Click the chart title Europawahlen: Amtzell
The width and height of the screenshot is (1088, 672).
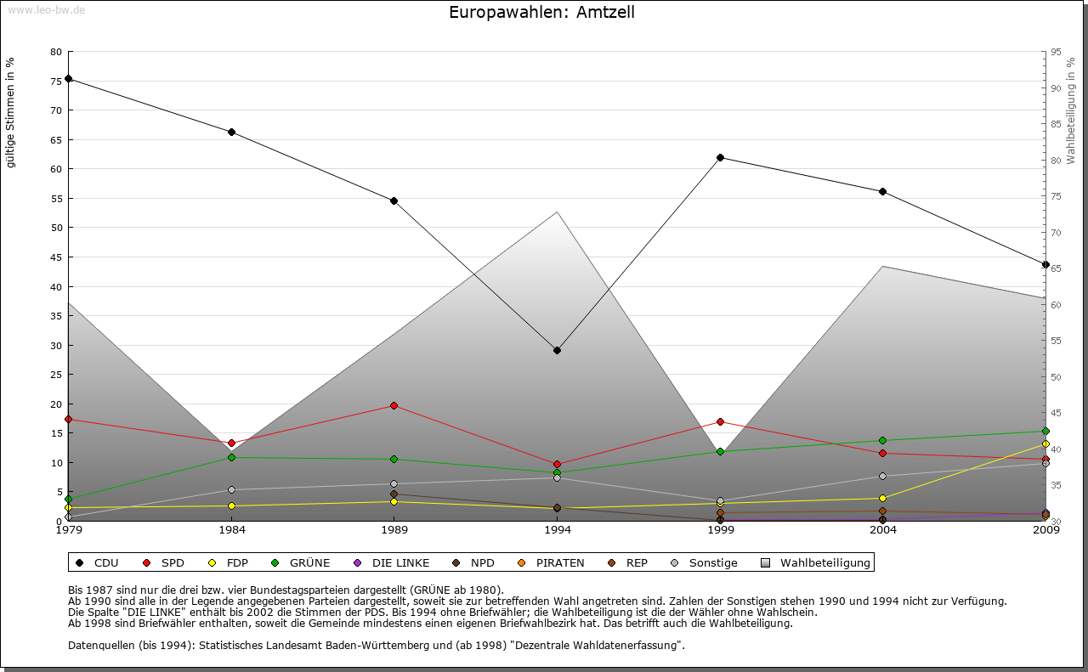click(x=541, y=12)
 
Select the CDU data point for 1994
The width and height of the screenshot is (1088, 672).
click(x=558, y=350)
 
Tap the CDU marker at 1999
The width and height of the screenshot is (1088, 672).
click(x=720, y=157)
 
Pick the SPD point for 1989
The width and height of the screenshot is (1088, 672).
click(x=394, y=405)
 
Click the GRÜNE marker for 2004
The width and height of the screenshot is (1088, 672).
click(x=883, y=440)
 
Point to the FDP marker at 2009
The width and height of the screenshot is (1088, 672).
click(x=1045, y=444)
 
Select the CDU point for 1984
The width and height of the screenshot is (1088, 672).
click(x=231, y=132)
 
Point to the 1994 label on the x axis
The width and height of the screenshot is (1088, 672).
click(x=558, y=530)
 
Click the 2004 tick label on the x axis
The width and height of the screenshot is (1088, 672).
click(x=883, y=530)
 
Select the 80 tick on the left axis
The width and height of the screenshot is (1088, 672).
click(x=56, y=52)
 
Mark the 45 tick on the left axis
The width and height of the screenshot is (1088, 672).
click(x=56, y=257)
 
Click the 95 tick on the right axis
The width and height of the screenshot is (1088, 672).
click(x=1056, y=52)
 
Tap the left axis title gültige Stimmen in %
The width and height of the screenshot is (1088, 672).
click(x=11, y=112)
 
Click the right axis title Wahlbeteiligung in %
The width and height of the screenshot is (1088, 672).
click(x=1071, y=111)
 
